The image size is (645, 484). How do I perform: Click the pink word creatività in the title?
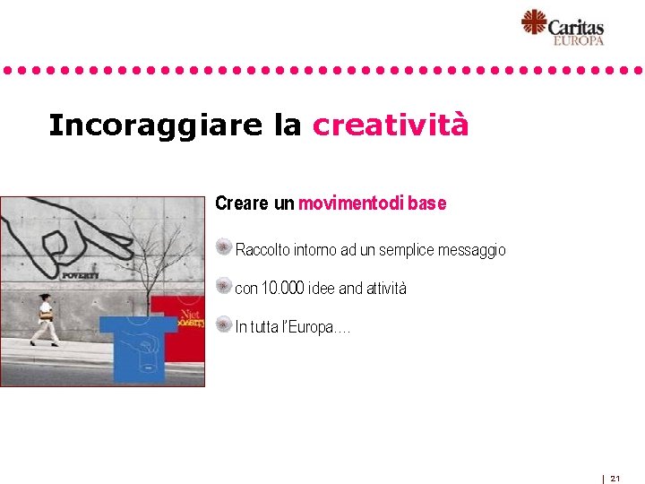click(x=390, y=125)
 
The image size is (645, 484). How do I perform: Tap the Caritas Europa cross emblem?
click(x=534, y=23)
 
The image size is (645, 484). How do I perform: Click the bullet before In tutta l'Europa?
click(x=224, y=324)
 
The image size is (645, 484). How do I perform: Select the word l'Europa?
click(x=317, y=327)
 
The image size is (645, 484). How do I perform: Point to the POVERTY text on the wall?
click(x=79, y=275)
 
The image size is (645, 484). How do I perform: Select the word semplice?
click(x=407, y=250)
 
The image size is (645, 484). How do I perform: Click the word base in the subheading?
click(x=427, y=203)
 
